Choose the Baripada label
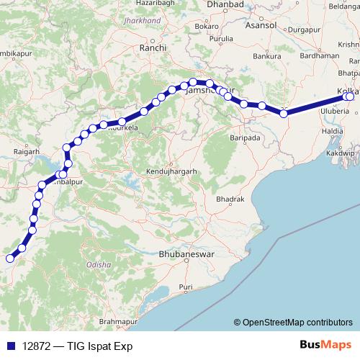tap(243, 136)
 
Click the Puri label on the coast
tap(186, 287)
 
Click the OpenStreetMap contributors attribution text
tap(296, 323)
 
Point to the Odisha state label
tap(99, 264)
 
